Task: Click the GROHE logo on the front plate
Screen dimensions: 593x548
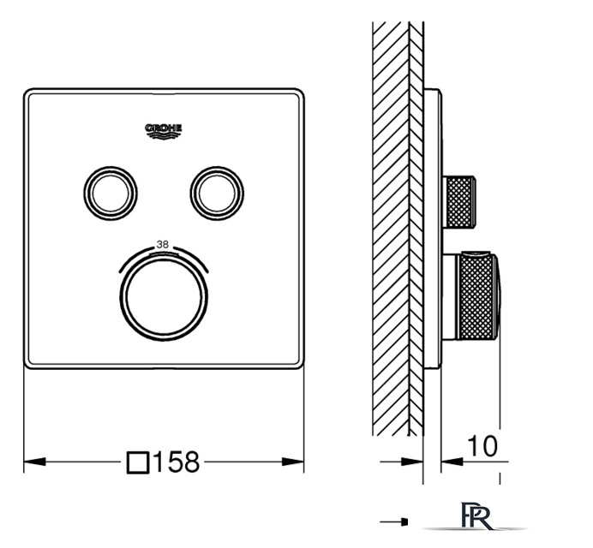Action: click(164, 131)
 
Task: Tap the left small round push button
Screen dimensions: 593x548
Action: click(111, 194)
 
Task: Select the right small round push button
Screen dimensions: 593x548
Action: click(217, 194)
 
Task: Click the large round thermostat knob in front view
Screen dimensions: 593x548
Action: click(164, 296)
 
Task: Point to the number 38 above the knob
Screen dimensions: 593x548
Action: click(163, 245)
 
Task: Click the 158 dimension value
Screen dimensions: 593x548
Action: click(177, 462)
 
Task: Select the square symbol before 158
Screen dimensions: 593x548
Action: click(138, 462)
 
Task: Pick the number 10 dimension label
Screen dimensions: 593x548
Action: click(482, 446)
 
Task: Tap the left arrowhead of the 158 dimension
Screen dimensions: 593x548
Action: click(34, 462)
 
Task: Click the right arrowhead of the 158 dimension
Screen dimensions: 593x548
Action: click(293, 462)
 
